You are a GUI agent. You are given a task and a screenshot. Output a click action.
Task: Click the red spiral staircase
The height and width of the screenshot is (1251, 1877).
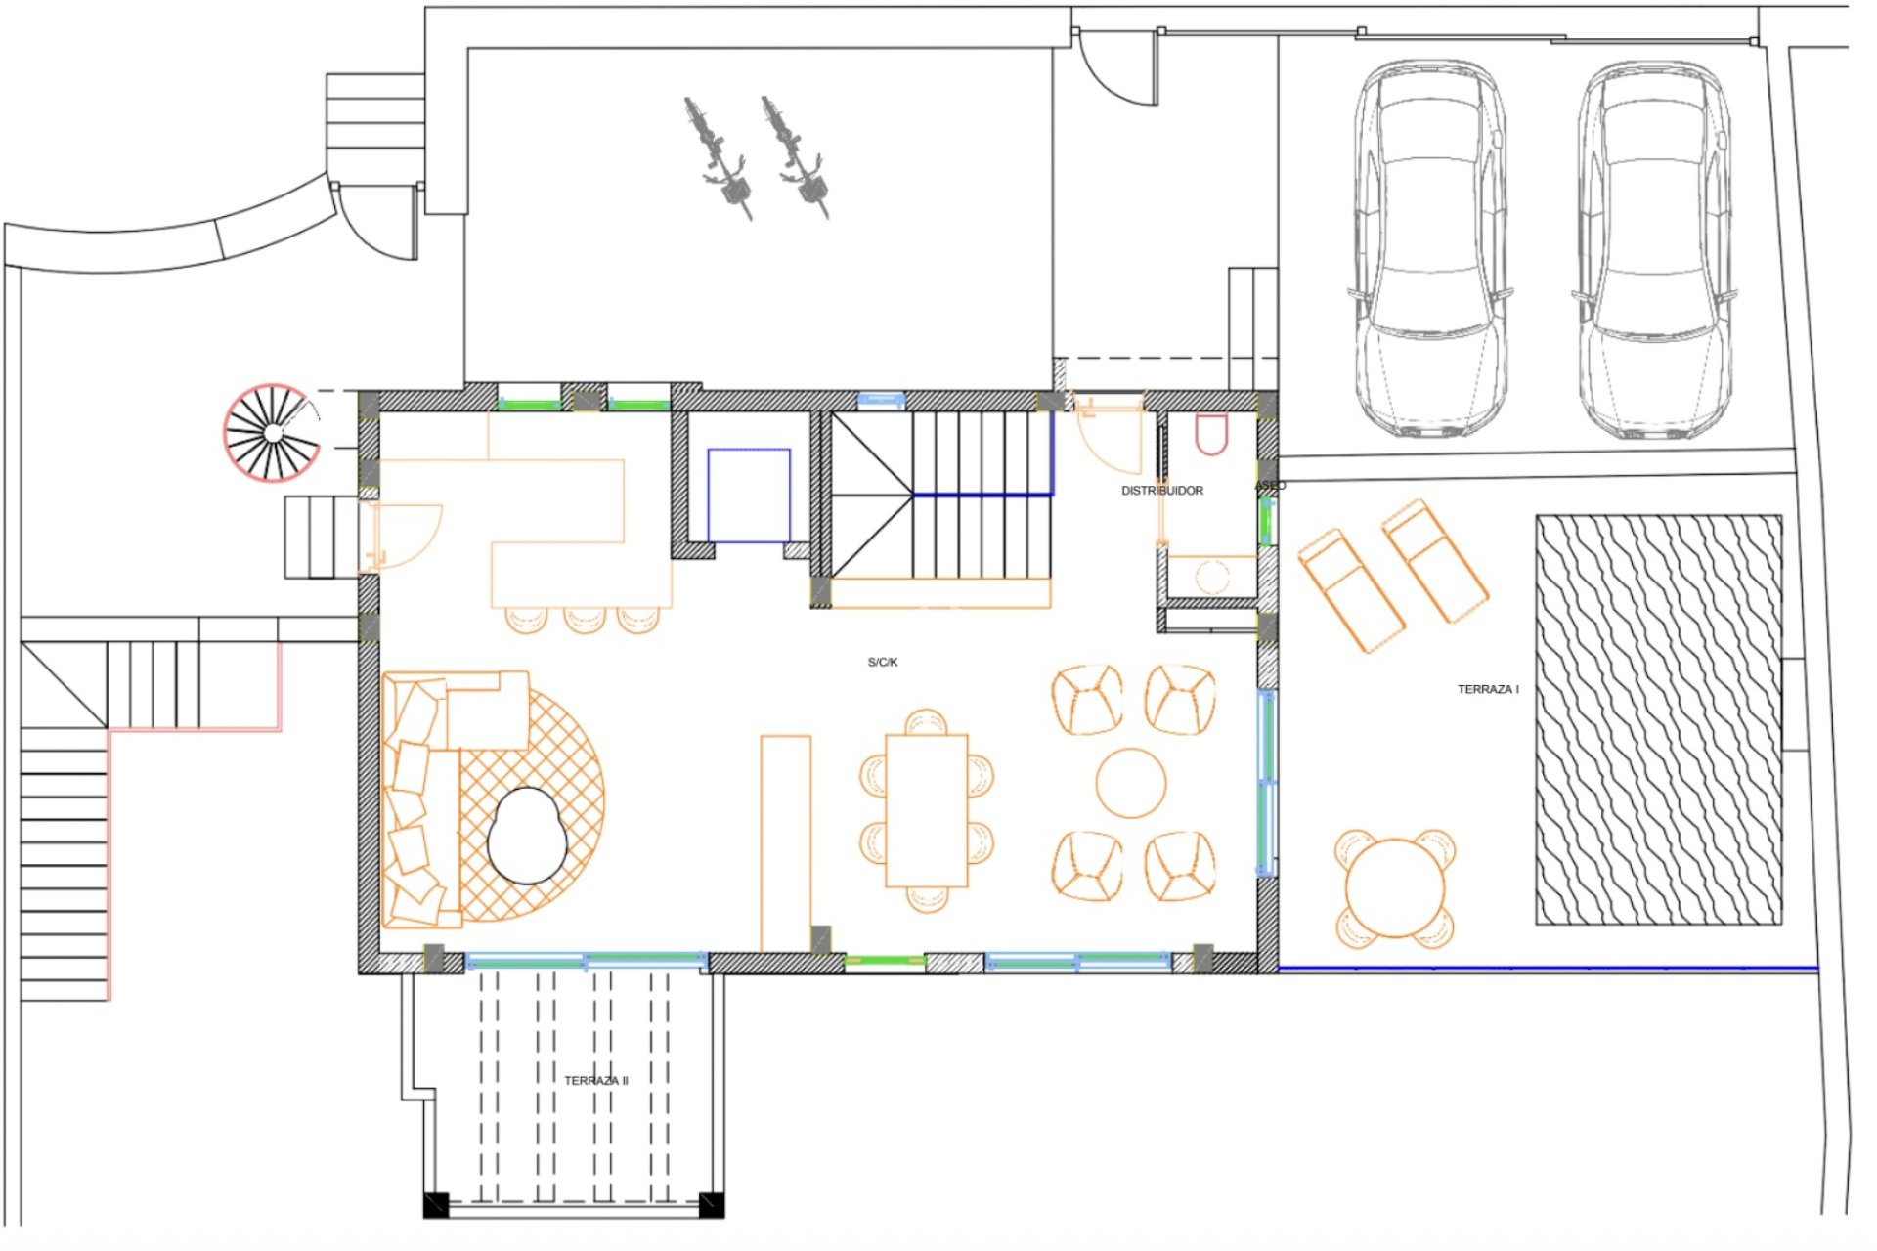[x=273, y=433]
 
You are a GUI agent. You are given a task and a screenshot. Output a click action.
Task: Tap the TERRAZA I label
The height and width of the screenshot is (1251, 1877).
[x=1488, y=689]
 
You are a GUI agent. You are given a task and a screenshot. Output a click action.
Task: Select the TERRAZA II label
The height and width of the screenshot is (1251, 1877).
[x=595, y=1080]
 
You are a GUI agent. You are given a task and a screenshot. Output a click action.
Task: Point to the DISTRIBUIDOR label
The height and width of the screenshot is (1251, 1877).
[x=1161, y=490]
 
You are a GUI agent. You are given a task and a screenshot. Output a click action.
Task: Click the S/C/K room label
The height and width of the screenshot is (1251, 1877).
[x=882, y=662]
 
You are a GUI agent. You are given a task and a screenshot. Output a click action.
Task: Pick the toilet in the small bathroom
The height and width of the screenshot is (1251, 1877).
[x=1211, y=434]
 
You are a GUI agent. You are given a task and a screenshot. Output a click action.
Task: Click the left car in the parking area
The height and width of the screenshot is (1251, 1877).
[x=1429, y=249]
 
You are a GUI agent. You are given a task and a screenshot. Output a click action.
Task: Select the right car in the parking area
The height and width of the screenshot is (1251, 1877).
[x=1651, y=249]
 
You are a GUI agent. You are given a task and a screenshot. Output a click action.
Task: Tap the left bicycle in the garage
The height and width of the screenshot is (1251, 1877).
[x=718, y=156]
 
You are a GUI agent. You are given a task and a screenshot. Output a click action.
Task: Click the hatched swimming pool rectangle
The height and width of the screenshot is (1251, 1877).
[x=1658, y=719]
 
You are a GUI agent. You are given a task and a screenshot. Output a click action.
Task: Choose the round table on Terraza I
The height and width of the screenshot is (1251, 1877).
[x=1395, y=888]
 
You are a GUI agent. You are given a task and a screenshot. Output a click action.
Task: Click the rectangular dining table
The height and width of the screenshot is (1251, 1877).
[x=926, y=810]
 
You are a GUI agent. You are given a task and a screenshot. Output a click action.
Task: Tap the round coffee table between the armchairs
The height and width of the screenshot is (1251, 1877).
[x=1131, y=782]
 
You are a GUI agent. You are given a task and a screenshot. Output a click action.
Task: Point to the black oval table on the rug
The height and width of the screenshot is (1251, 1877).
[x=527, y=836]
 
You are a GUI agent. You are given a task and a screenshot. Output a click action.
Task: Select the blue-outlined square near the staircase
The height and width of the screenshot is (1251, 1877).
[x=749, y=495]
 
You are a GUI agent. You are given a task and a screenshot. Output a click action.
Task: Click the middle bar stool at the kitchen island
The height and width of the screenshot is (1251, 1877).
[x=585, y=619]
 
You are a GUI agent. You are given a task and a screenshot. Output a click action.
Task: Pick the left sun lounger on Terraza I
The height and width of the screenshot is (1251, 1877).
[x=1351, y=589]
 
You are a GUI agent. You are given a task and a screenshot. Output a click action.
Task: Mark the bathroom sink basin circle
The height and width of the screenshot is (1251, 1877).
[x=1212, y=577]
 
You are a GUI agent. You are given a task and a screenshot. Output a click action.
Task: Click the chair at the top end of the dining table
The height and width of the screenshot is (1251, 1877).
[x=926, y=722]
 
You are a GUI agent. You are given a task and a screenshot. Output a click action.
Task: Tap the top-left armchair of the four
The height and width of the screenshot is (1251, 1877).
[x=1087, y=699]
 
